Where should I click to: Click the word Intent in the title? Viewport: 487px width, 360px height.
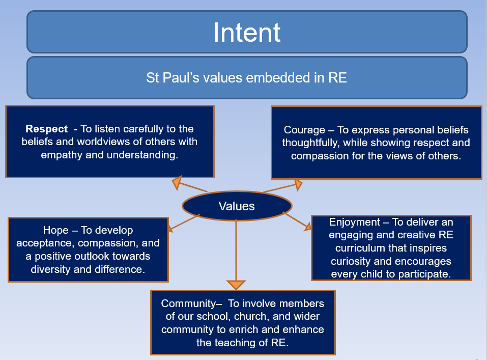[247, 33]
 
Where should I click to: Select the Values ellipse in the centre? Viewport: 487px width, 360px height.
[237, 206]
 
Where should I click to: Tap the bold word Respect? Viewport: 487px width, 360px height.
[47, 129]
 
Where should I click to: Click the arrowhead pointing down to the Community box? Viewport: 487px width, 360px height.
[236, 284]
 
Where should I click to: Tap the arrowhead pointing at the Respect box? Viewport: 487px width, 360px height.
[178, 182]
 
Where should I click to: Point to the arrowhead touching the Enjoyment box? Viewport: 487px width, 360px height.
[307, 226]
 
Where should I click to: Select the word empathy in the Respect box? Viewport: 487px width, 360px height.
[60, 155]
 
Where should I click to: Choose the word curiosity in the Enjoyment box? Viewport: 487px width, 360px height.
[353, 262]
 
